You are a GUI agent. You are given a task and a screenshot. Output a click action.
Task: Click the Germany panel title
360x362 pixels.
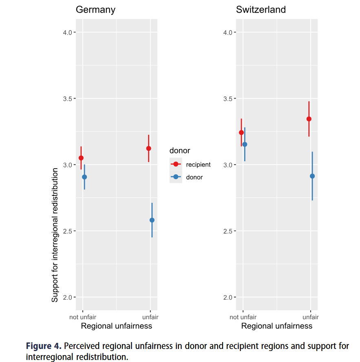coord(95,10)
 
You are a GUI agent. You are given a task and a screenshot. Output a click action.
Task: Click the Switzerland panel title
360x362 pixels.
coord(261,10)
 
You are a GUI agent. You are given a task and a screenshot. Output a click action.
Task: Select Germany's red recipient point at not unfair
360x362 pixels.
coord(81,158)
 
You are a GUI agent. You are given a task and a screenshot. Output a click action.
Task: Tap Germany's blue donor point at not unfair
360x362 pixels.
coord(84,177)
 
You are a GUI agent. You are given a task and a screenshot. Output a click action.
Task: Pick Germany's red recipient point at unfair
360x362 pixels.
coord(149,149)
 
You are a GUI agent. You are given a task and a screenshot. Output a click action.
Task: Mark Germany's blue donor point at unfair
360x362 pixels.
coord(152,220)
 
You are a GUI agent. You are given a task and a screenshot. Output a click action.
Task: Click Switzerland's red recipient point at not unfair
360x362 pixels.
coord(241,132)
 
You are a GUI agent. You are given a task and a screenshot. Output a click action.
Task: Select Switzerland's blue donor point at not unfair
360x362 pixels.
coord(245,144)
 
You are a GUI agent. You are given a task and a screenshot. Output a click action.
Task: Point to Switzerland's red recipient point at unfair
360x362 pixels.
coord(309,119)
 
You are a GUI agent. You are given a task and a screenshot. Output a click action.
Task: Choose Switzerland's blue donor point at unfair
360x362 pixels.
coord(312,176)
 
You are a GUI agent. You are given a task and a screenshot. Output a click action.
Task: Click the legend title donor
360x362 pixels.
coord(180,151)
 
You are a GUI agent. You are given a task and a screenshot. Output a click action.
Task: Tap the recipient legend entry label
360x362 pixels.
coord(198,165)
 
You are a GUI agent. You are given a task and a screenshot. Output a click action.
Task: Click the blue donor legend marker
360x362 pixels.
coord(176,177)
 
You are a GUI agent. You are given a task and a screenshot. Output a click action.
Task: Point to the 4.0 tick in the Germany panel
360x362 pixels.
coord(75,32)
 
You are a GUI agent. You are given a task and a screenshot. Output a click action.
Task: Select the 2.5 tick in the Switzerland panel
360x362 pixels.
coord(235,231)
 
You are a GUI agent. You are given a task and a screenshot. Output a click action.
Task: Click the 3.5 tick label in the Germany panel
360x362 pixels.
coord(68,99)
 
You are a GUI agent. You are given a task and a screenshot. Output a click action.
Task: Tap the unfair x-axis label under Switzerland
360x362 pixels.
coord(311,317)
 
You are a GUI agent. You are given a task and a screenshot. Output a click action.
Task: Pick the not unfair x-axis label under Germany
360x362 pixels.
coord(83,317)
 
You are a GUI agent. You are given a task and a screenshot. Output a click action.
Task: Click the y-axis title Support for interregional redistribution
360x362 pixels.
coord(55,235)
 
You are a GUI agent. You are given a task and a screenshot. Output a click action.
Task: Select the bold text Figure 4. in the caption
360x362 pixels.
coord(44,346)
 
